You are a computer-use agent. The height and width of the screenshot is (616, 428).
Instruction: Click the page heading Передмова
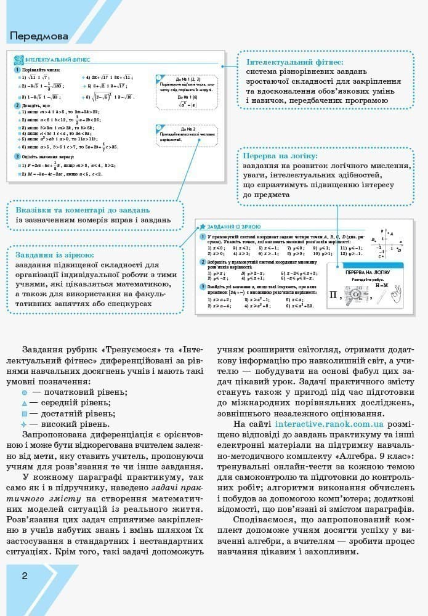39,36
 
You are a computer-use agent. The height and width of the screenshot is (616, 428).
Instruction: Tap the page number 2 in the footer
25,576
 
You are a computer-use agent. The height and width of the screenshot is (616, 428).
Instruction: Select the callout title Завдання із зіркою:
55,254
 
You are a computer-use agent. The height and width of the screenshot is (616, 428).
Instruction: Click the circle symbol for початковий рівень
25,392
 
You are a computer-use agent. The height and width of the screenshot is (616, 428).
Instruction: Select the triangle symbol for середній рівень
25,403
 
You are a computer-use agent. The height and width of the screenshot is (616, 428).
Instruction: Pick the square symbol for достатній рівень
25,413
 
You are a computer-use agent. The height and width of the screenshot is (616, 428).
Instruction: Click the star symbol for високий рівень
25,424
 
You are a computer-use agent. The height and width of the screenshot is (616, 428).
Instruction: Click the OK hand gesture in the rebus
395,295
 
